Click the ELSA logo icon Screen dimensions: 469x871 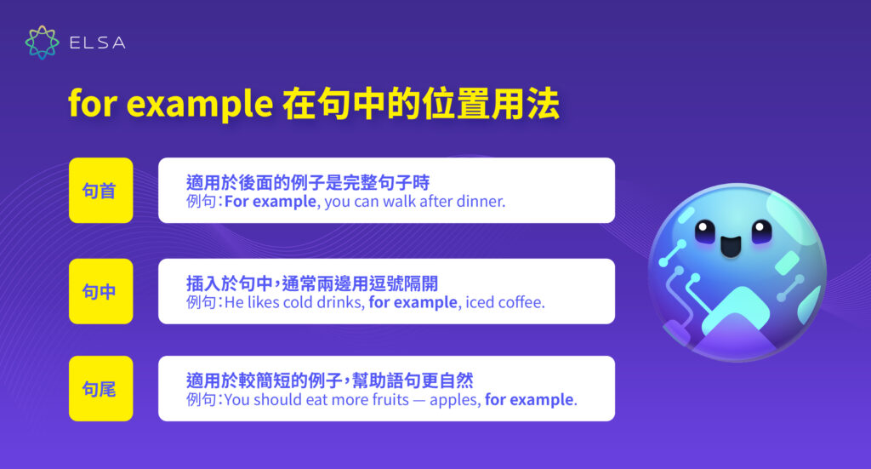tap(42, 42)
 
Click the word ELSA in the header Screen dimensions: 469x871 tap(98, 43)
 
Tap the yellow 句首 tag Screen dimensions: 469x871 tap(100, 191)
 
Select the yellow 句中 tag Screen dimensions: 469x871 tap(100, 291)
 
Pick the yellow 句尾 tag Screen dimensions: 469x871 tap(100, 389)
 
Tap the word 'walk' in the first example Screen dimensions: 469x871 tap(398, 202)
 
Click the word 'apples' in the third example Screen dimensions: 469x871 tap(455, 399)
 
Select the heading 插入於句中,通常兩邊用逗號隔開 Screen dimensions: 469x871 tap(312, 283)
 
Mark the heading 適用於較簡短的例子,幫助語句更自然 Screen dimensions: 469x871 tap(325, 380)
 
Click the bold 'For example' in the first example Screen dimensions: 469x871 tap(270, 202)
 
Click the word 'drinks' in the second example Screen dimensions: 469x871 tap(337, 302)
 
